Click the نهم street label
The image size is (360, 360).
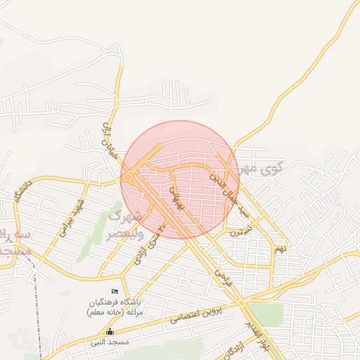[281, 247]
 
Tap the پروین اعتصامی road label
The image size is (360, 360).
[203, 314]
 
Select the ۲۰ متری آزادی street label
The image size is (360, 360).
[150, 243]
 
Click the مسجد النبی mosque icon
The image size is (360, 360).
[109, 332]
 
